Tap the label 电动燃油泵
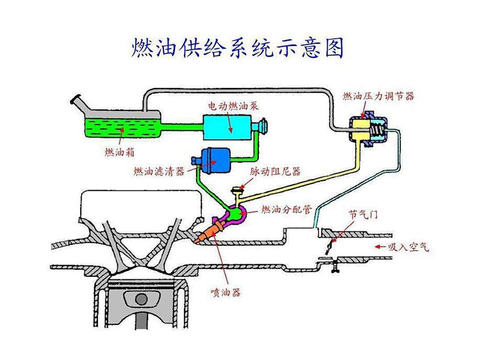[x=233, y=106]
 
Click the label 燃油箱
[x=119, y=153]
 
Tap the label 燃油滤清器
[x=159, y=171]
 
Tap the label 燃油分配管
[x=286, y=209]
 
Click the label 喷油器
[x=225, y=292]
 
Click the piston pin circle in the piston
[x=142, y=299]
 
